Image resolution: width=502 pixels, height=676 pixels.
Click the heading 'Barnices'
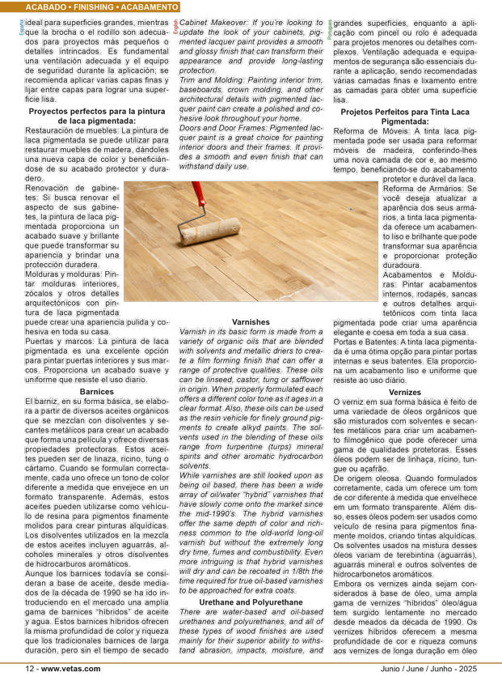click(97, 391)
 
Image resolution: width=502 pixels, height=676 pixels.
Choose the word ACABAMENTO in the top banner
click(152, 6)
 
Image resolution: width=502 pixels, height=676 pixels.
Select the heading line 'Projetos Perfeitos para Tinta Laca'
click(405, 110)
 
